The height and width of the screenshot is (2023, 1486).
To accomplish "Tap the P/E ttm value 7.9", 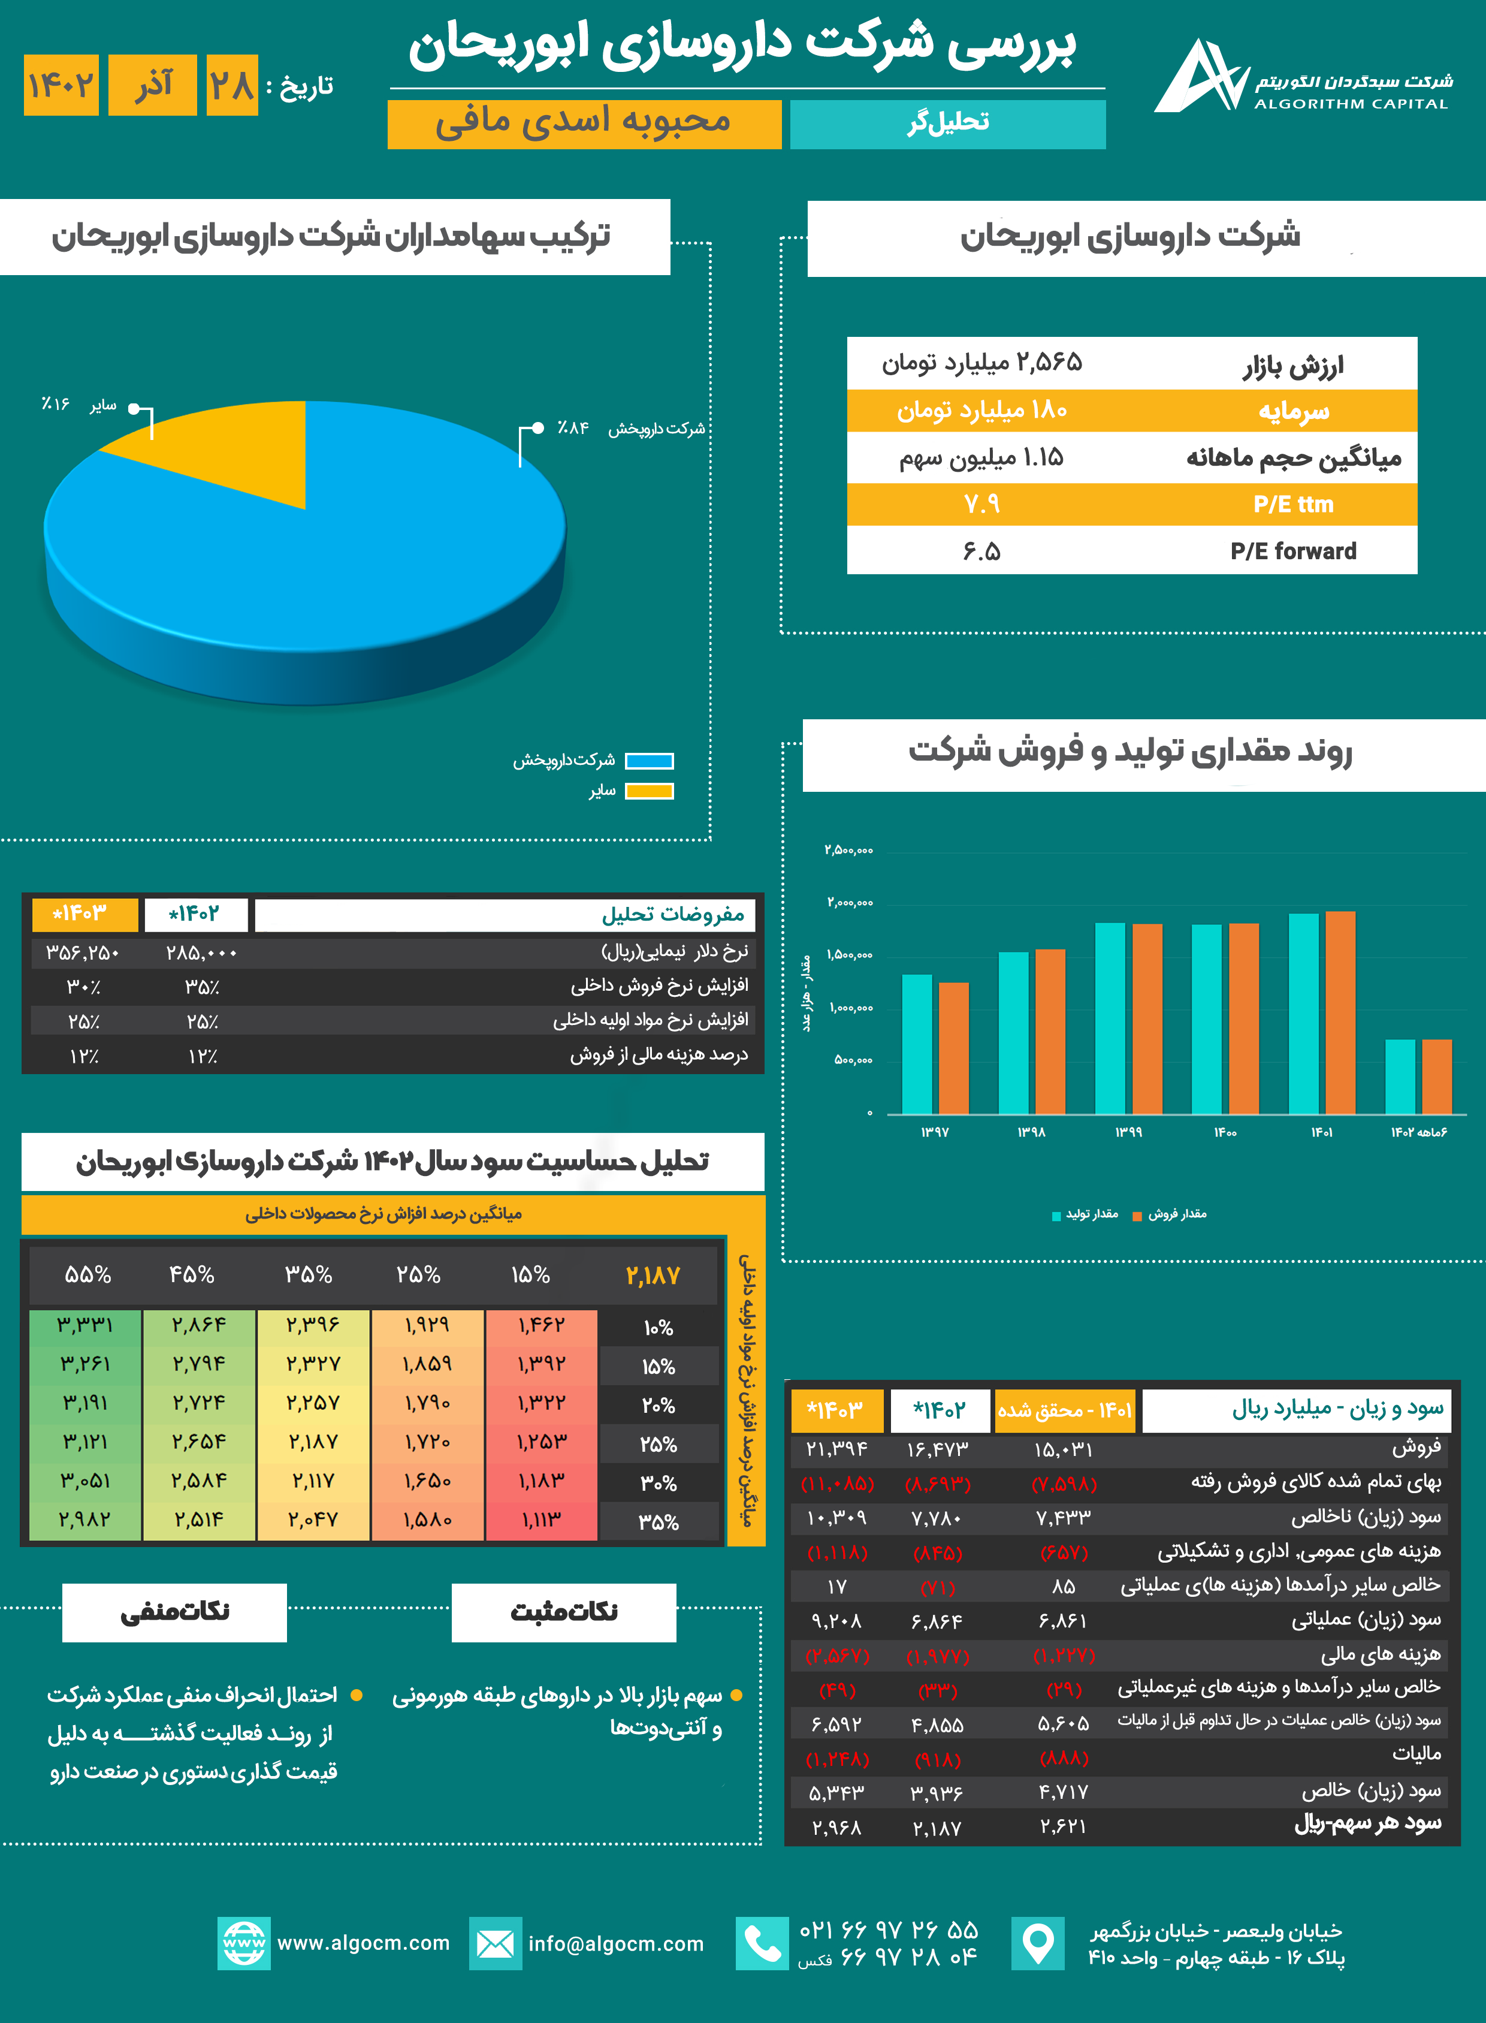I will pyautogui.click(x=981, y=505).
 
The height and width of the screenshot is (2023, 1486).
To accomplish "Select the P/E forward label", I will pyautogui.click(x=1292, y=551).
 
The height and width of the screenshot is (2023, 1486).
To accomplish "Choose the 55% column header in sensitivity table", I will pyautogui.click(x=87, y=1274).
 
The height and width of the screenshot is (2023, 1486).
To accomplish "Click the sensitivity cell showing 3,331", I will pyautogui.click(x=86, y=1325).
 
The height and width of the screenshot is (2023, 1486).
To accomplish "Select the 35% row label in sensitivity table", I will pyautogui.click(x=659, y=1522).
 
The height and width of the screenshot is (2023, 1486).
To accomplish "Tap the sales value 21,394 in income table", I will pyautogui.click(x=836, y=1449).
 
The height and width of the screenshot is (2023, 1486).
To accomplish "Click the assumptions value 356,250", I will pyautogui.click(x=82, y=952).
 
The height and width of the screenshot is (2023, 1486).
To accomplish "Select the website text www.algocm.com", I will pyautogui.click(x=363, y=1943).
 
